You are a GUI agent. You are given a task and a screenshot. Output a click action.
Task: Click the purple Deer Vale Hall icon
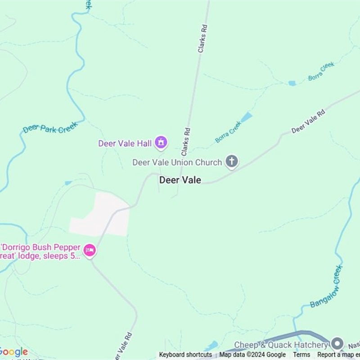[x=161, y=143]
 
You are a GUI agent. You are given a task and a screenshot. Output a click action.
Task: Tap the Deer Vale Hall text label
[x=125, y=144]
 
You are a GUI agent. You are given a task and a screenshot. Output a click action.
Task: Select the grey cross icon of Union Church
[x=232, y=162]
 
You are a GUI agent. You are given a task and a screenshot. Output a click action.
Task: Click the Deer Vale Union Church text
[x=177, y=162]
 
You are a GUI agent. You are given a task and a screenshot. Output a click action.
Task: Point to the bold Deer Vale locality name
[x=180, y=180]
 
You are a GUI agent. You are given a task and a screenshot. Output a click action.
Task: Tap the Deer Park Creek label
[x=50, y=128]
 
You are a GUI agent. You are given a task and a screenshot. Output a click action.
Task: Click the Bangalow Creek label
[x=326, y=287]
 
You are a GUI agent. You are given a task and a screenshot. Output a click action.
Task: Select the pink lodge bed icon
[x=90, y=251]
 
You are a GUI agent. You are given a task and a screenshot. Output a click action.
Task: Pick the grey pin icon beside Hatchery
[x=337, y=344]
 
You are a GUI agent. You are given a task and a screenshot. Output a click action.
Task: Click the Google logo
[x=13, y=352]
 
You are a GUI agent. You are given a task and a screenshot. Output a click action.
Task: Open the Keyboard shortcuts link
[x=185, y=355]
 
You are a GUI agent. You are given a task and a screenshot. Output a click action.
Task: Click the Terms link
[x=301, y=355]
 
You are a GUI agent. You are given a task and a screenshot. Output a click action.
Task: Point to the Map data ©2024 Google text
[x=252, y=355]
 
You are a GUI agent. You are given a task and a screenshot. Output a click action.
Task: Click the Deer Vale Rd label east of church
[x=308, y=122]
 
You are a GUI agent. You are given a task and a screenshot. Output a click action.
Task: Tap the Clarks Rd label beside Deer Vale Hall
[x=185, y=142]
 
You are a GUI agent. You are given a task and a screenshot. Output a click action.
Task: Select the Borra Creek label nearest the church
[x=228, y=132]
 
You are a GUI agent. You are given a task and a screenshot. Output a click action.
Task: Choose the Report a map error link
[x=338, y=355]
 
